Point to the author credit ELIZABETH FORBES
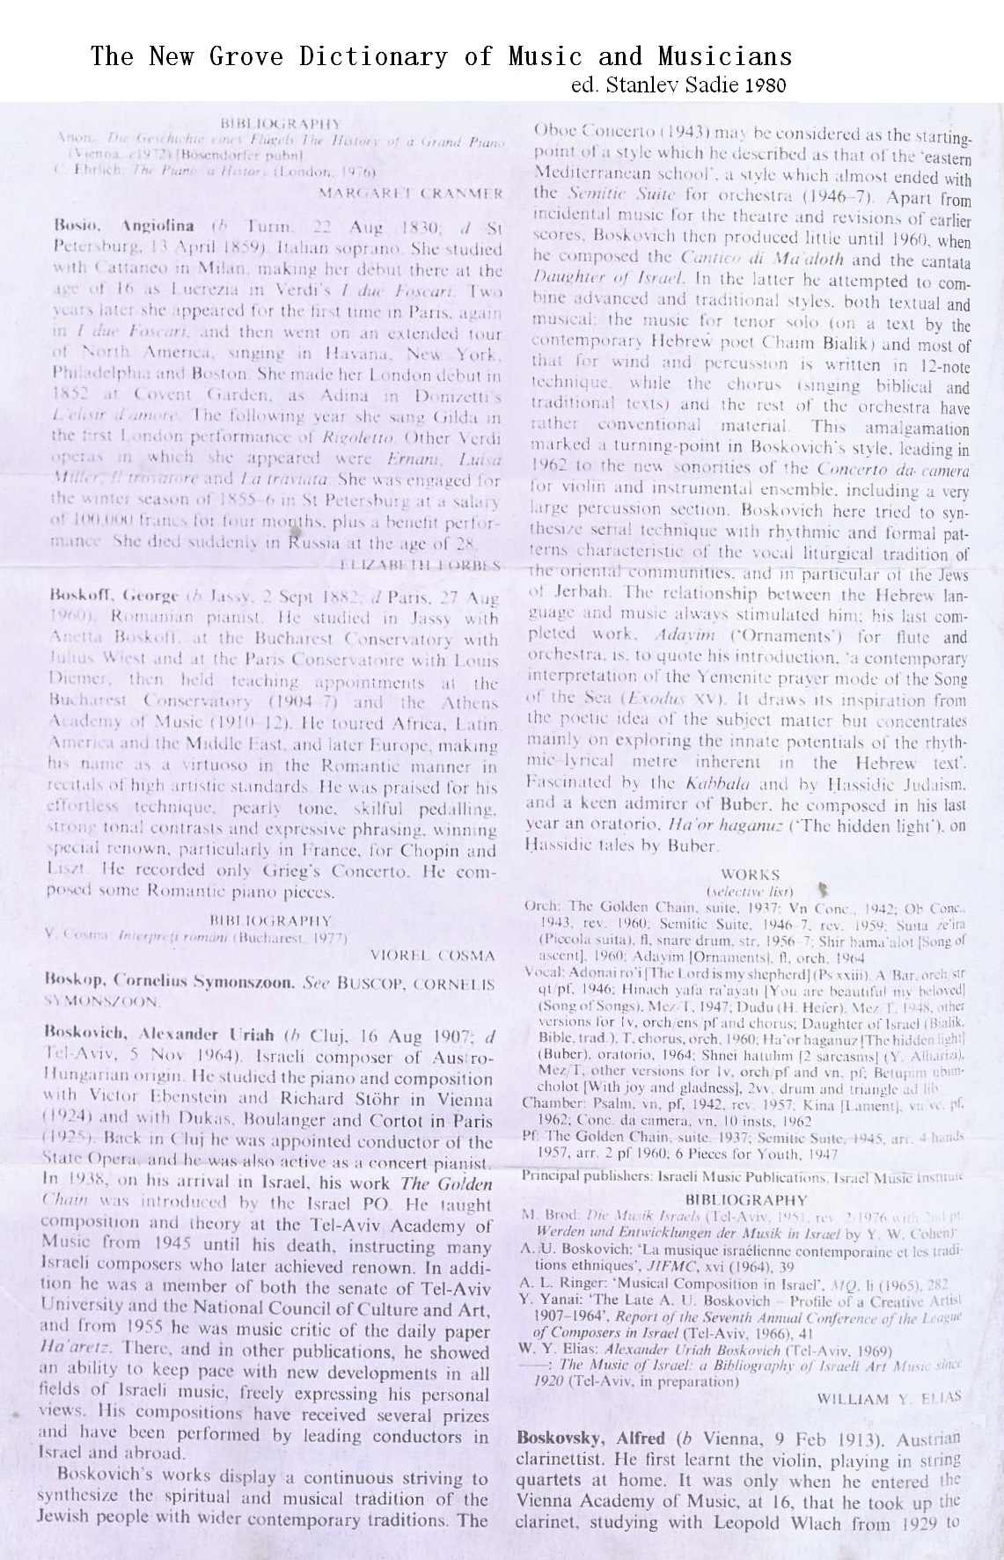point(420,563)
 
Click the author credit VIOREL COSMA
point(433,955)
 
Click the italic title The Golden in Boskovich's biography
point(454,1183)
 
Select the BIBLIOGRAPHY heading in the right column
point(745,1199)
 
